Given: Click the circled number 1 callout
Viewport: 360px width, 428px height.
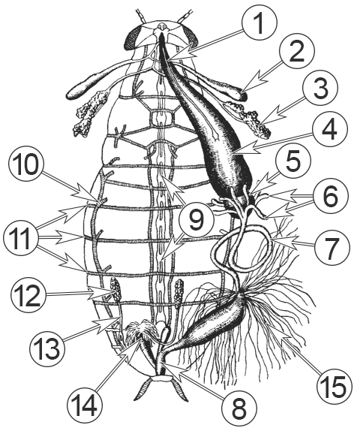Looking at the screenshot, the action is point(259,23).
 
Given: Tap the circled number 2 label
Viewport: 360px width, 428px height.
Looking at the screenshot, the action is point(297,51).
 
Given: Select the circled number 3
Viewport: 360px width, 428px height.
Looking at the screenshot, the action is point(321,89).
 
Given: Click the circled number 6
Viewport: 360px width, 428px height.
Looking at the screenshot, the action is point(330,196).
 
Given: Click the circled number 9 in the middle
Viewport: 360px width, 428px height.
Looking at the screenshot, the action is point(196,220).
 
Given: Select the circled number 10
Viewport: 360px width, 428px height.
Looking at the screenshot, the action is point(26,164).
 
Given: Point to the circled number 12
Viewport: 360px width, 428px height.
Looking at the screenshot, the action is point(28,295).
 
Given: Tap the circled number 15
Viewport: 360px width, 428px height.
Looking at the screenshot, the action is point(334,386).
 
